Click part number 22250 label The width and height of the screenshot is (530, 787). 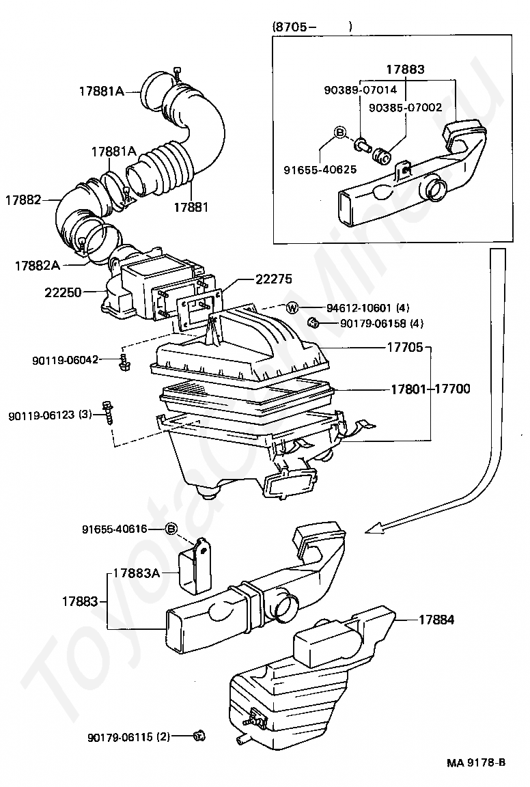pos(63,292)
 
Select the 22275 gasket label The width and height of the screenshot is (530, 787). pos(273,279)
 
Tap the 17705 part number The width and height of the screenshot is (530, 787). pos(404,347)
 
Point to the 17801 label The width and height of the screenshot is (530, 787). pos(409,389)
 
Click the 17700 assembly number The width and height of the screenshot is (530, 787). pos(452,389)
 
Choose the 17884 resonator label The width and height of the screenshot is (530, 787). pos(436,620)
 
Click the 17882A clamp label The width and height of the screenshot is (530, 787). pos(37,266)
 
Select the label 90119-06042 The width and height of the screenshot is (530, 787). pos(66,359)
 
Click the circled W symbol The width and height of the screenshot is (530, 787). pos(292,308)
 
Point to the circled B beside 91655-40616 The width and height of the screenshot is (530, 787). pos(171,529)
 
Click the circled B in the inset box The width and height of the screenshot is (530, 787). pos(339,132)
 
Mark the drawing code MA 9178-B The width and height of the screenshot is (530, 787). pos(476,763)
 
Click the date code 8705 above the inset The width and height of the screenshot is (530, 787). pos(291,27)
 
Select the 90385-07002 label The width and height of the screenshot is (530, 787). pos(406,107)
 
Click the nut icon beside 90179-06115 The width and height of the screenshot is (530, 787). pos(199,736)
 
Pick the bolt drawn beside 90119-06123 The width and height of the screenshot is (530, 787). pos(107,412)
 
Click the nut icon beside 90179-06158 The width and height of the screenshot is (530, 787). pos(313,322)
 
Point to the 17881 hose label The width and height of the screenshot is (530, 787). pos(191,207)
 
